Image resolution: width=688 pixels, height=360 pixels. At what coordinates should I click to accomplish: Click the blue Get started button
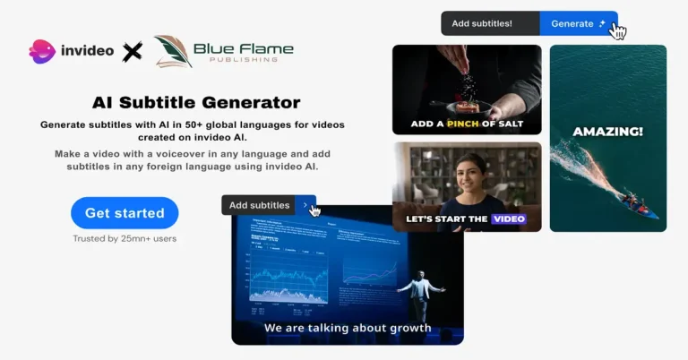(125, 213)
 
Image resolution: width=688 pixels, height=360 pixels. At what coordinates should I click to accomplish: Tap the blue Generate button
(578, 23)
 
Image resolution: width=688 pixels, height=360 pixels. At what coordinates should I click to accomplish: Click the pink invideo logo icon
(42, 51)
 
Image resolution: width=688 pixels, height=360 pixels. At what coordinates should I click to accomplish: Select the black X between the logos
(133, 52)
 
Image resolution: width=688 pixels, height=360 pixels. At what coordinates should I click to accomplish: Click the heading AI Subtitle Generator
(196, 103)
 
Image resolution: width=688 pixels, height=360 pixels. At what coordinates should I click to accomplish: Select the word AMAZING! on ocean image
(608, 132)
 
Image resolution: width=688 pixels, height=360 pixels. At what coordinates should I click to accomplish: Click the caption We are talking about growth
(348, 328)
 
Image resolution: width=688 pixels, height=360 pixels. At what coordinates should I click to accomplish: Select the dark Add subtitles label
(259, 205)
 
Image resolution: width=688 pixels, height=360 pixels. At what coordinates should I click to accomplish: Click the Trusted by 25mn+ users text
(125, 239)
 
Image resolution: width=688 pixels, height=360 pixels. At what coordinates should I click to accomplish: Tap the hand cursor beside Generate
(618, 31)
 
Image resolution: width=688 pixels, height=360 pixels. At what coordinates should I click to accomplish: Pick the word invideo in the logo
(87, 51)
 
